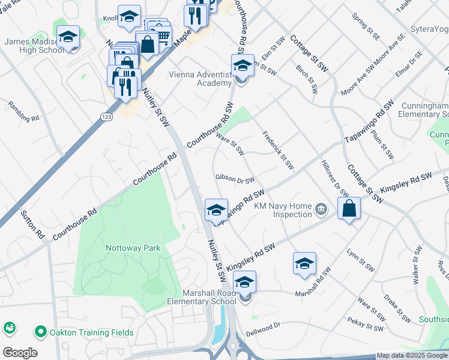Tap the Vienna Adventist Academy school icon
pos(243,65)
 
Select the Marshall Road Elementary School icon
pos(244,282)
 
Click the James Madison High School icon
pos(68,37)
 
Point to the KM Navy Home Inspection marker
pos(322,209)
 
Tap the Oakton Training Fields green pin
pos(41,331)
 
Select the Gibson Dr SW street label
pos(235,179)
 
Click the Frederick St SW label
pos(278,149)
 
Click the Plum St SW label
pos(382,145)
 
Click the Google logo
pos(20,353)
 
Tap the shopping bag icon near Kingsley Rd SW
pos(349,209)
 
